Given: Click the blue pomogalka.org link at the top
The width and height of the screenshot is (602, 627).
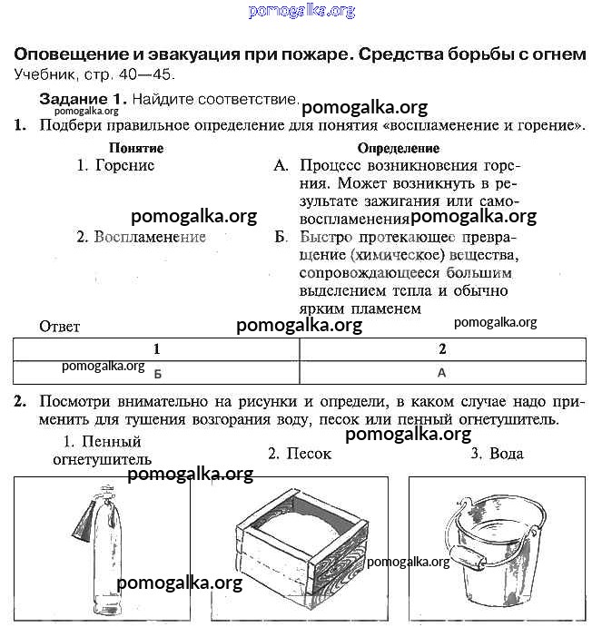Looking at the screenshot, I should click(301, 11).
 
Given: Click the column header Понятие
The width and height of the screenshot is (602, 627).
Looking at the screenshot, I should click(135, 148).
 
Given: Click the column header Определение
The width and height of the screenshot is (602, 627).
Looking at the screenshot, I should click(398, 148).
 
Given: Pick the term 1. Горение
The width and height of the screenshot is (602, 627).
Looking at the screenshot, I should click(115, 165).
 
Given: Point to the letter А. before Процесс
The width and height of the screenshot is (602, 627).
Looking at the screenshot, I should click(281, 166).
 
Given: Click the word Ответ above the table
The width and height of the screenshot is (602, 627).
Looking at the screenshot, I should click(60, 327).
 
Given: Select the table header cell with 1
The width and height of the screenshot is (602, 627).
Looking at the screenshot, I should click(156, 348).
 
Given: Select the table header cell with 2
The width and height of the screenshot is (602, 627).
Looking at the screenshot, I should click(442, 348).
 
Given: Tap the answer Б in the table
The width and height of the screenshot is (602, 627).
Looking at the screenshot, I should click(157, 373).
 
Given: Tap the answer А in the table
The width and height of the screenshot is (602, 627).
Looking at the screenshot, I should click(442, 372).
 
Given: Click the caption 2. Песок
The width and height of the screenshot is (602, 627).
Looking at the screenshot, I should click(300, 454).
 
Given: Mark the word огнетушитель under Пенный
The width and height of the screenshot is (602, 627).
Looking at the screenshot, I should click(102, 460).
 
